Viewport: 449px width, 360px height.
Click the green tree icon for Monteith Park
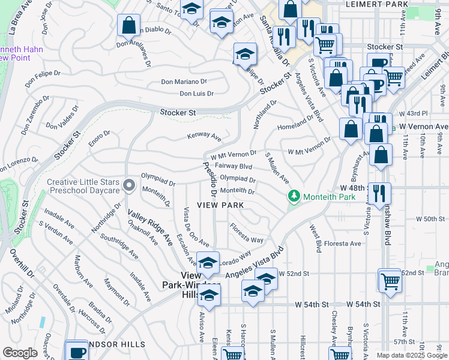[x=294, y=196]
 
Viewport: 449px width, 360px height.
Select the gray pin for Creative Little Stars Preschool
[x=128, y=186]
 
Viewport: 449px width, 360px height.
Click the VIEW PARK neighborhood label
[x=220, y=205]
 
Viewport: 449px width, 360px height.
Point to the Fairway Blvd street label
[x=234, y=166]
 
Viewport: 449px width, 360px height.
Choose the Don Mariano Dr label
[x=184, y=82]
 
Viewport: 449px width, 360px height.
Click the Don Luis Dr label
[x=196, y=94]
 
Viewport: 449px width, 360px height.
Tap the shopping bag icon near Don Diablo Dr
[x=128, y=25]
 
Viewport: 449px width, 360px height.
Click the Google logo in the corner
[x=20, y=353]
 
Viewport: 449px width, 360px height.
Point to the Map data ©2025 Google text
[x=412, y=355]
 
